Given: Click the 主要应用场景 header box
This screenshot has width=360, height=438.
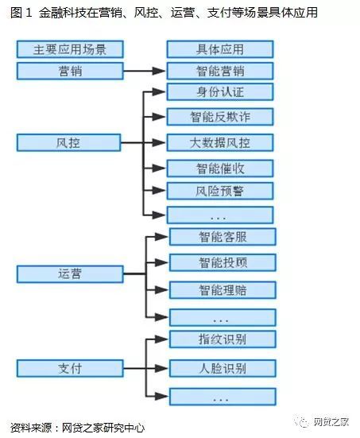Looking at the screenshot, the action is [70, 49].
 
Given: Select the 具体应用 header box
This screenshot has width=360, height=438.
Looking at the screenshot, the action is [220, 49].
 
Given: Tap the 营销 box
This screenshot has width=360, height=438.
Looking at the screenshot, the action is [70, 71].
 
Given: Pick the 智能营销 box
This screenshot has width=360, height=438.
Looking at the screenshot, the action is [220, 71].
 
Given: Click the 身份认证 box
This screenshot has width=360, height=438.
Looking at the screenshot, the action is [220, 91].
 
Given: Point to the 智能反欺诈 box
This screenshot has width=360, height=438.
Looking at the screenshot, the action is [220, 117].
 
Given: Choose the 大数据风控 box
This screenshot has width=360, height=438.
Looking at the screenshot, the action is [220, 143].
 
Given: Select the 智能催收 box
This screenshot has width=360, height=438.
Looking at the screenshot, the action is [220, 169].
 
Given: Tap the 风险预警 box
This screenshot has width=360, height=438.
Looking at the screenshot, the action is [220, 191].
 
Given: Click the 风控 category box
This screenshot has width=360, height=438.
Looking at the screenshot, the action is [68, 143].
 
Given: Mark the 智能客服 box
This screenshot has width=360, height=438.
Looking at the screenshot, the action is [223, 237].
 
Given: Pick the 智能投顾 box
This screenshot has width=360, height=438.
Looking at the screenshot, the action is [223, 262].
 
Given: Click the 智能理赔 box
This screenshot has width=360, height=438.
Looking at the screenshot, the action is [223, 290].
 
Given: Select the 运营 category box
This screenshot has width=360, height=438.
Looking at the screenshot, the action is [70, 274].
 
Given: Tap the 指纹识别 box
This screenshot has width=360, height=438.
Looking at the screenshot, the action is [223, 339].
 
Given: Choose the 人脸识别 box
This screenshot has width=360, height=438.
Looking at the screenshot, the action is [223, 368].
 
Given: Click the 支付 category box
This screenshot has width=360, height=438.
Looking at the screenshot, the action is [70, 369].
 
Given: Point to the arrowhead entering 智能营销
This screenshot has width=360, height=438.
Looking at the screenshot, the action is [159, 71].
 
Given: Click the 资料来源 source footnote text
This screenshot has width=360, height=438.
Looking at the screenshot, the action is [77, 428].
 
